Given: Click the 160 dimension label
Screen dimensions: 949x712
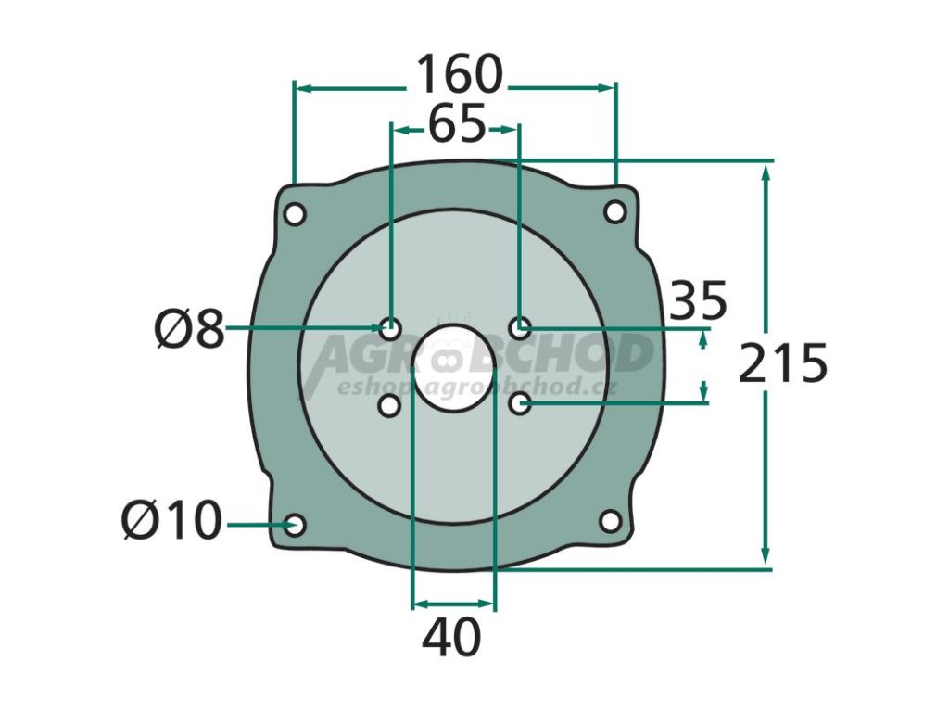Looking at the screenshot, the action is (x=460, y=74).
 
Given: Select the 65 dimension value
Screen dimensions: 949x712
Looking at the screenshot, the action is (x=457, y=123).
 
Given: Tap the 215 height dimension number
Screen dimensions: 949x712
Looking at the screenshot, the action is (x=782, y=363).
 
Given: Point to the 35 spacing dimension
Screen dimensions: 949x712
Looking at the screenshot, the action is (x=699, y=300).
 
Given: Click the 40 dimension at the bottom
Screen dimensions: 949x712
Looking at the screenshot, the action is (x=451, y=638).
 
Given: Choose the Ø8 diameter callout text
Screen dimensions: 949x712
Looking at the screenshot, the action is (x=190, y=330).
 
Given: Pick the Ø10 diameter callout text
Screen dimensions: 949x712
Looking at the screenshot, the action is (x=171, y=521).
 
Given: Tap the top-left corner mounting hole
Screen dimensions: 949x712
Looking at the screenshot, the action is (x=296, y=214).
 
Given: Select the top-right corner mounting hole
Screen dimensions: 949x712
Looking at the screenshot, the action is (x=615, y=212).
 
